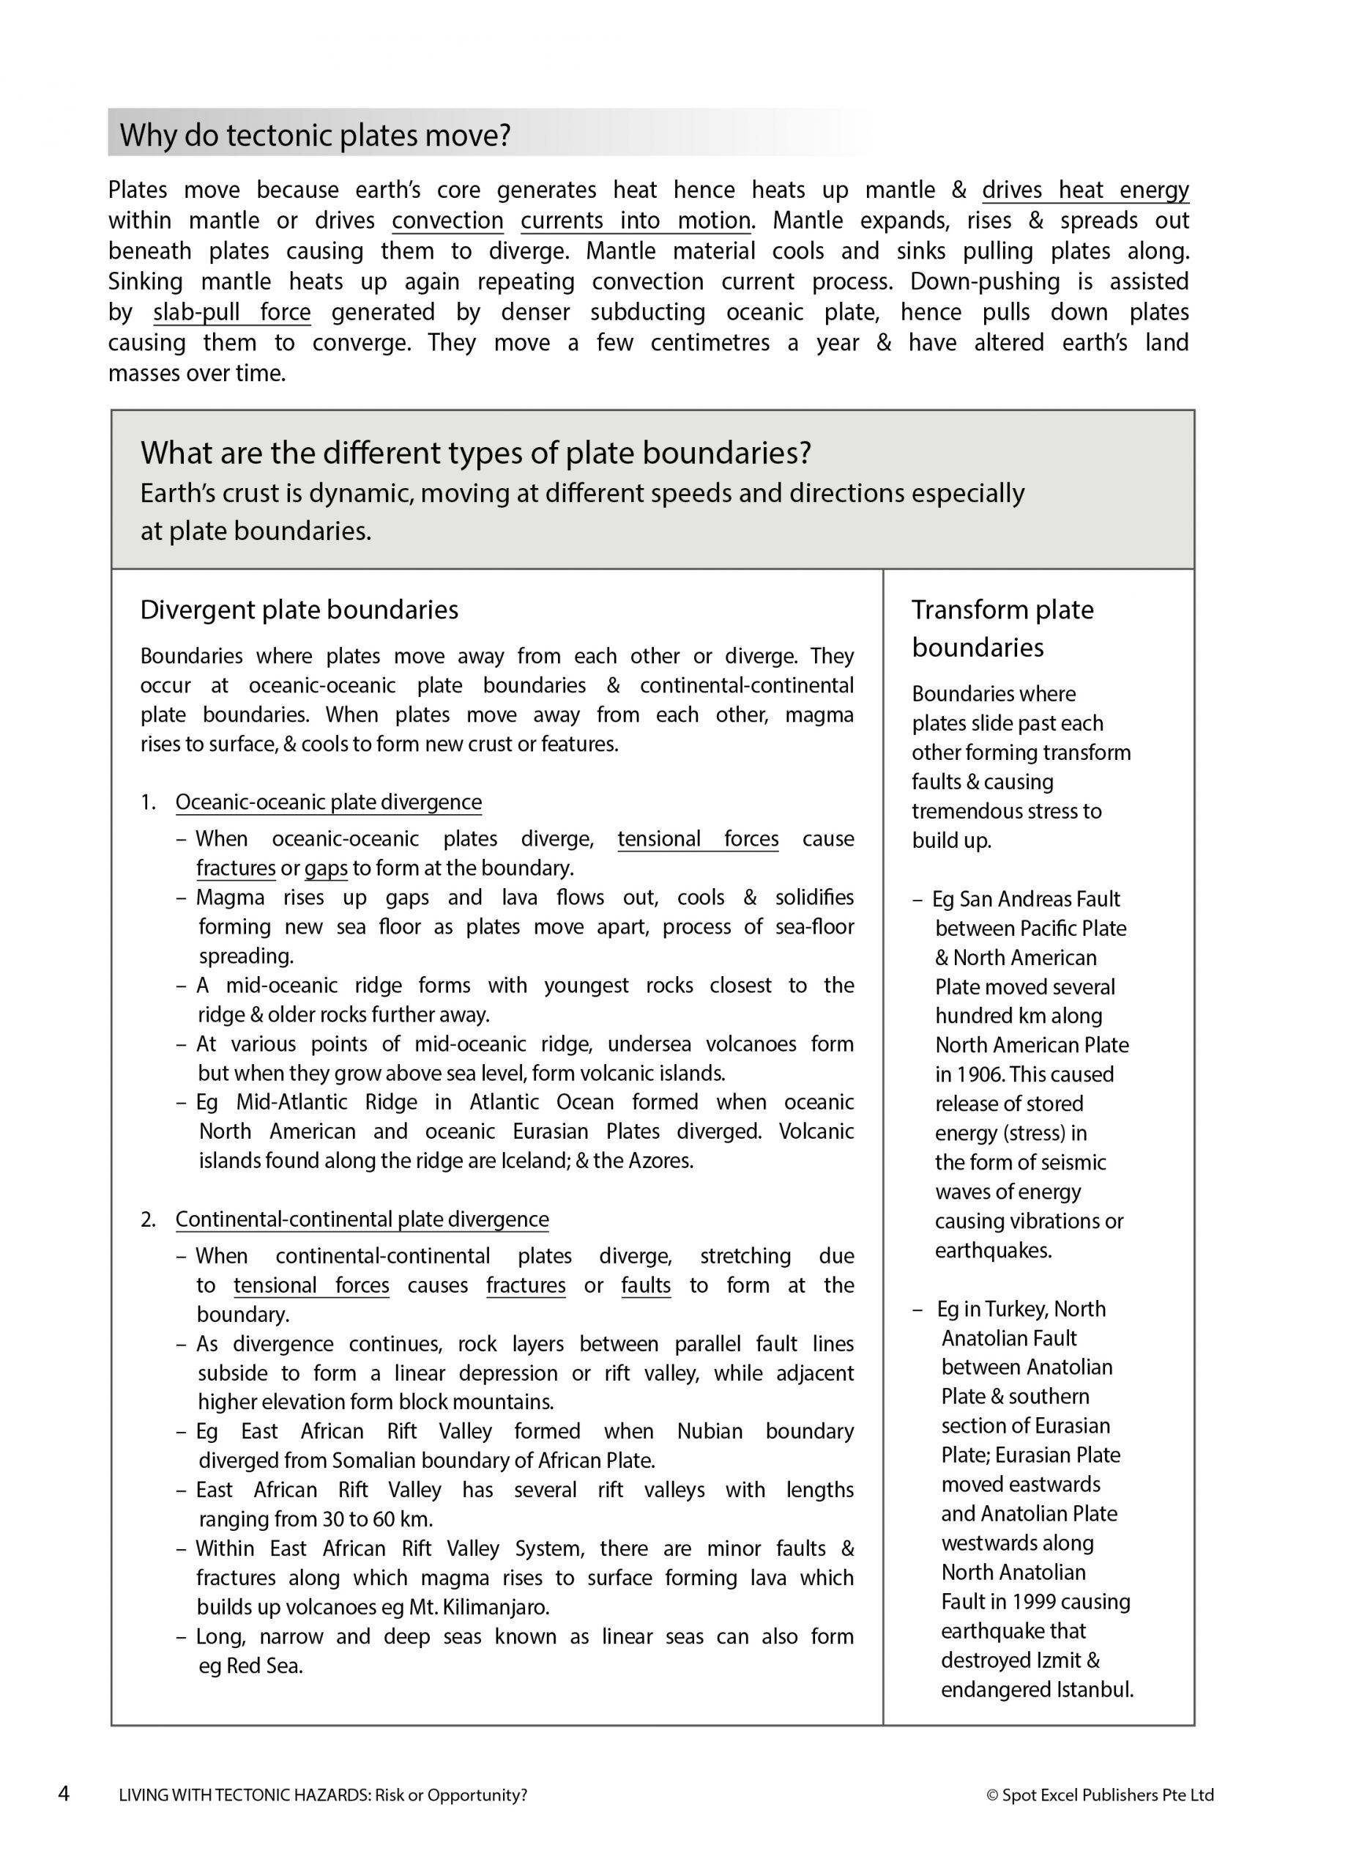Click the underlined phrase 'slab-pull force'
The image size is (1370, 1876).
coord(231,312)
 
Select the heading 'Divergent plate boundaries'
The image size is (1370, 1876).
coord(299,610)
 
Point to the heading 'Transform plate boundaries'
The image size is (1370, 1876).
coord(1002,628)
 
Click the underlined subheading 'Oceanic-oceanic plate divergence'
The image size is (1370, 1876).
coord(327,802)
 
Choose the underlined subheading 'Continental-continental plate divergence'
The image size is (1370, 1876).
coord(362,1219)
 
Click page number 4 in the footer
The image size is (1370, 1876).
coord(64,1795)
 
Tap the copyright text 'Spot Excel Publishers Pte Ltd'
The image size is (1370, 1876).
coord(1107,1795)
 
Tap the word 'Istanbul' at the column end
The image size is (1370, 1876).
coord(1094,1689)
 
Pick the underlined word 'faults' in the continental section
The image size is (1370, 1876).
coord(645,1285)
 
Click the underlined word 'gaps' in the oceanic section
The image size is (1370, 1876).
coord(325,868)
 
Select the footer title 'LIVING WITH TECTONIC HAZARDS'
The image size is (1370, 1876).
coord(244,1795)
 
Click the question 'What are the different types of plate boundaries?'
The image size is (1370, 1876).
coord(475,453)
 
